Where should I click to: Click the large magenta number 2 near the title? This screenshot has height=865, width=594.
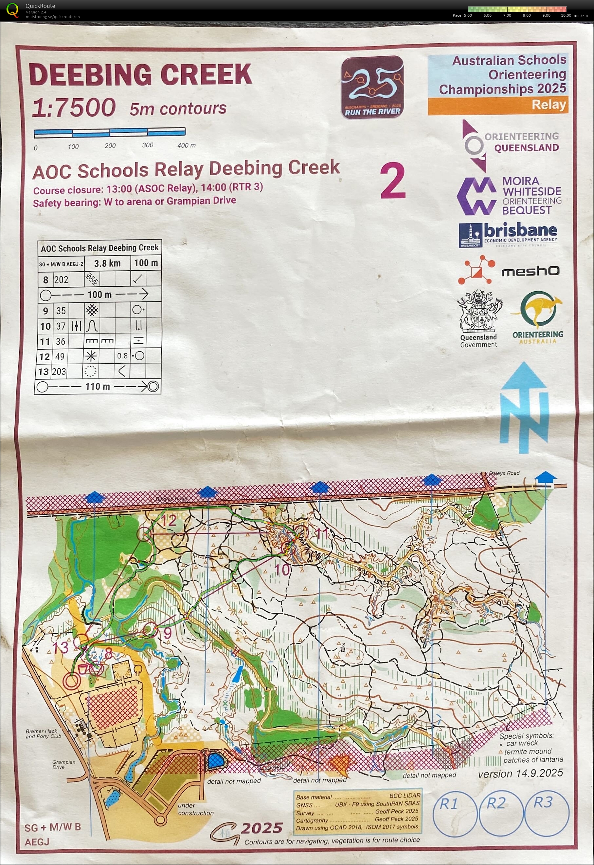(x=393, y=181)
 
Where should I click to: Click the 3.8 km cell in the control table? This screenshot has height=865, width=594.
(x=107, y=263)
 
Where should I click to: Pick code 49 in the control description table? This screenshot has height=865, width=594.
(x=60, y=356)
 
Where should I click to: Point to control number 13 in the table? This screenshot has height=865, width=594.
(x=44, y=372)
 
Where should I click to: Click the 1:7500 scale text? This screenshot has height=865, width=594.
(x=74, y=108)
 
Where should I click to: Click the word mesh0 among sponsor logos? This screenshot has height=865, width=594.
(x=531, y=271)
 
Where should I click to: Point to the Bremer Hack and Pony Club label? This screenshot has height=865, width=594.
(x=43, y=734)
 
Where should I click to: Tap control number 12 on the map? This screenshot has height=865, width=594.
(x=168, y=520)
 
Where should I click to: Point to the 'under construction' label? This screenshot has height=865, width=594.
(x=196, y=809)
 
